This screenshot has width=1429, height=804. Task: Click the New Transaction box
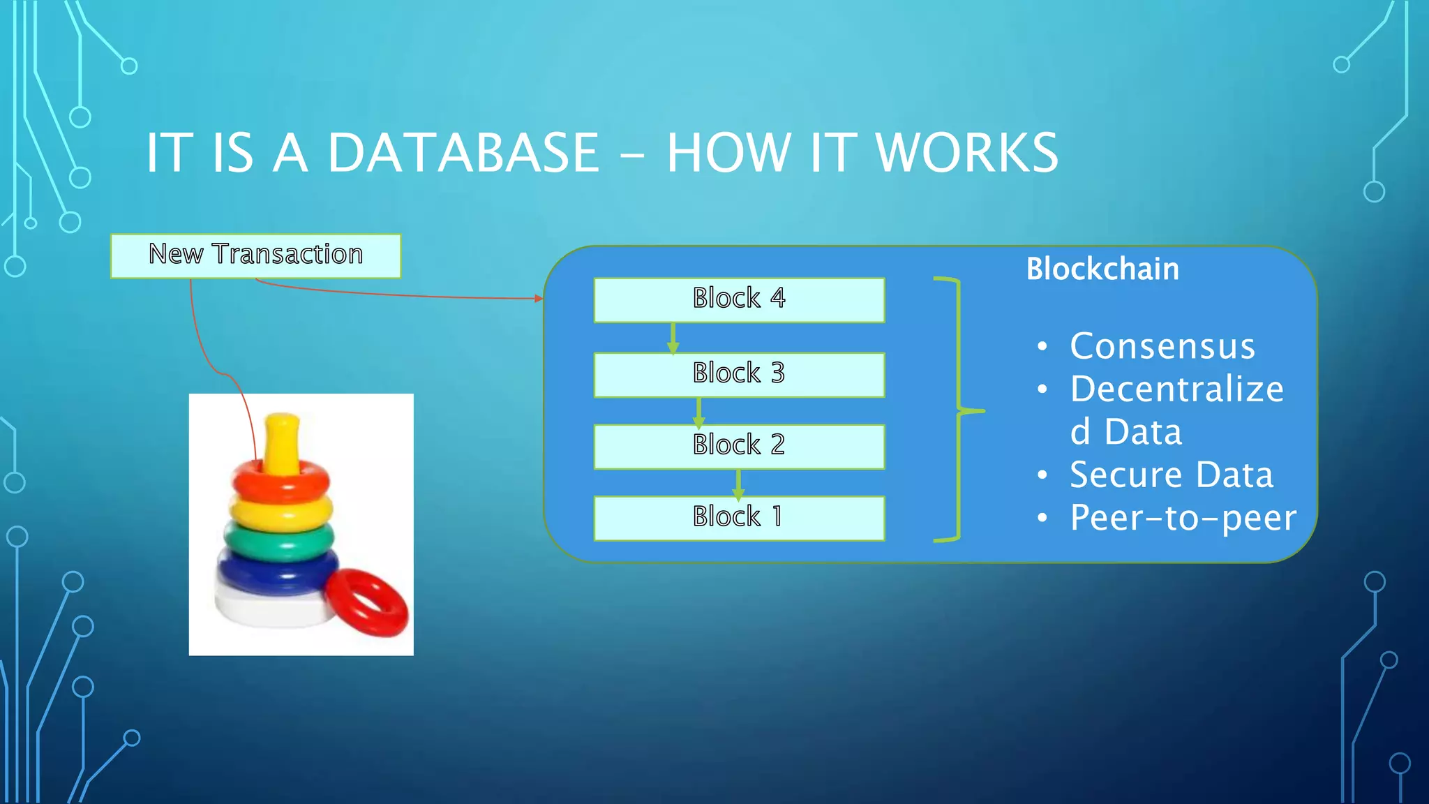(x=255, y=255)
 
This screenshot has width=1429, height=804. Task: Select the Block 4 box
(x=739, y=300)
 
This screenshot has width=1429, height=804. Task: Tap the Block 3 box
(x=739, y=375)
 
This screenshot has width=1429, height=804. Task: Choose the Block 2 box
(x=739, y=447)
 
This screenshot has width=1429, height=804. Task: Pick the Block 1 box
(x=739, y=519)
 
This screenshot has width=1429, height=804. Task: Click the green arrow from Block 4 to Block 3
(x=673, y=338)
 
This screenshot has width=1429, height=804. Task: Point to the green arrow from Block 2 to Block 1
(x=738, y=483)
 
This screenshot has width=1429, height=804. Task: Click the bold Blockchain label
(x=1102, y=269)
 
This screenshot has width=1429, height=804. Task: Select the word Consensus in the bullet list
(x=1162, y=346)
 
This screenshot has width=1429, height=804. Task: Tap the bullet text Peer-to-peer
(x=1183, y=518)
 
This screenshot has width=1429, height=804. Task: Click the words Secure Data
(x=1172, y=475)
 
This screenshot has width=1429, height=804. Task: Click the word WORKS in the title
(x=967, y=153)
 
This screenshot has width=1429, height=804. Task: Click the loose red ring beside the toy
(x=366, y=602)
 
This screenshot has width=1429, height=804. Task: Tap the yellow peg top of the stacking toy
(x=282, y=440)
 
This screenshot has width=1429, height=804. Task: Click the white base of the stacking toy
(x=265, y=606)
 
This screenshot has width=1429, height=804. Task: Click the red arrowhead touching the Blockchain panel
(x=539, y=299)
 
